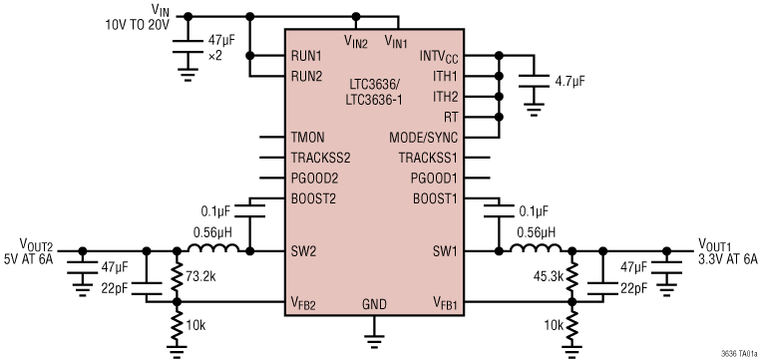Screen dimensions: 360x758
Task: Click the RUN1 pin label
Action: tap(306, 56)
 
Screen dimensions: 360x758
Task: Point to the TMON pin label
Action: tap(307, 137)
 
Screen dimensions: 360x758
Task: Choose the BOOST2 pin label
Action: tap(312, 197)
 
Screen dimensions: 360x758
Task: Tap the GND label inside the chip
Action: tap(374, 302)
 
